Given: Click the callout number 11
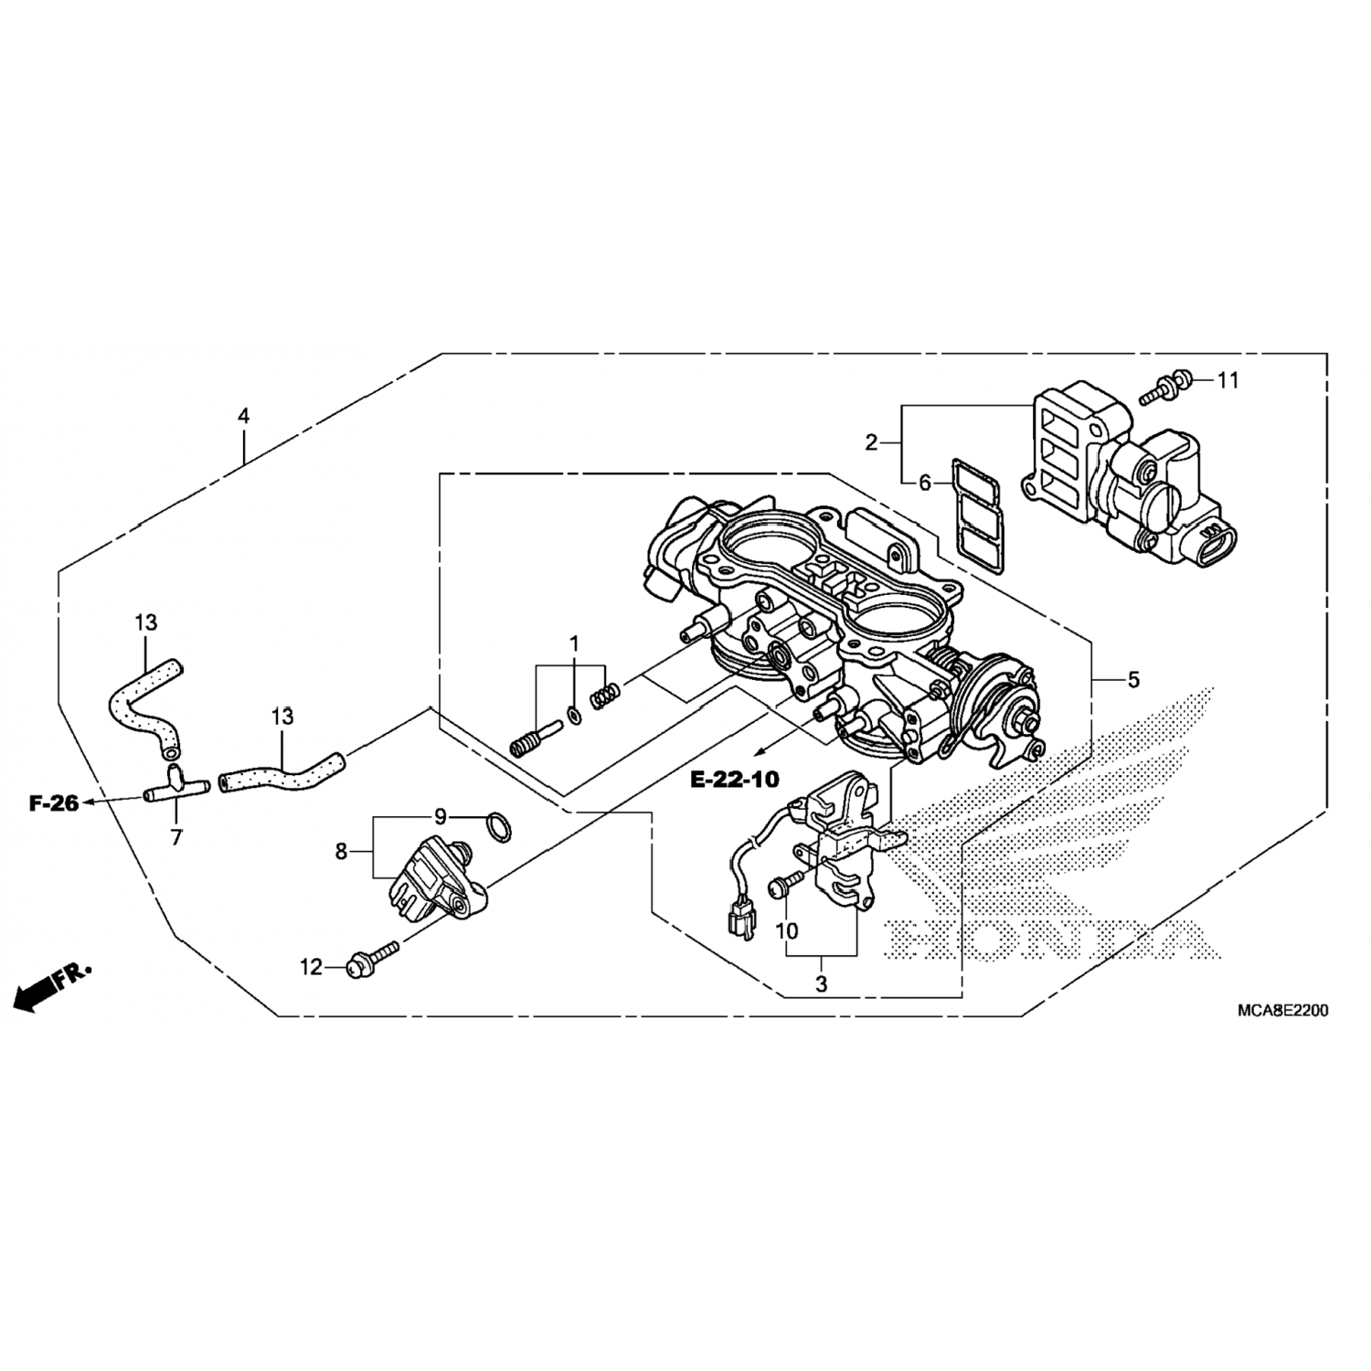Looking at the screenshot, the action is [1228, 380].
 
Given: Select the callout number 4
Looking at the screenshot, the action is [243, 416].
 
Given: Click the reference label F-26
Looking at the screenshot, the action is [54, 803].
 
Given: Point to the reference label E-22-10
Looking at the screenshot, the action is [735, 780].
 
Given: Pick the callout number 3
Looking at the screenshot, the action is [821, 984].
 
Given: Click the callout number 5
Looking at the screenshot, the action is [1133, 680].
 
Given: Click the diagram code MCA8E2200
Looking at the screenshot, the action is [1282, 1010].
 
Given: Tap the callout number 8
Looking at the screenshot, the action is [341, 852].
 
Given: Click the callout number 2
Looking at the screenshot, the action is [871, 443].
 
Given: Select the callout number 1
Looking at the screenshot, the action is [575, 643].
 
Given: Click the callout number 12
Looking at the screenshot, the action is [312, 966].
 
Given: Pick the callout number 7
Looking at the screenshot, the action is [176, 836].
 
